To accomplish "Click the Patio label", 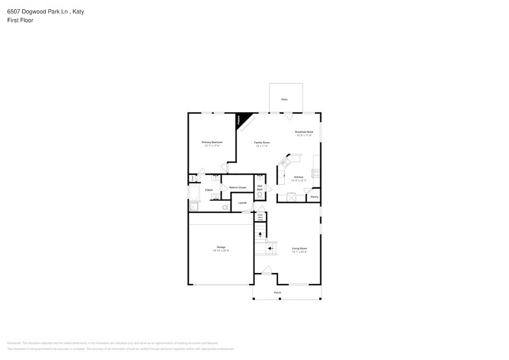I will [284, 99].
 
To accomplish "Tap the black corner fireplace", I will [244, 119].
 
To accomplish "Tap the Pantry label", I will [314, 197].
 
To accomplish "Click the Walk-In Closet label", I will [238, 187].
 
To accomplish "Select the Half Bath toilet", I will [260, 197].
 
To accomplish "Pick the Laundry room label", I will [242, 203].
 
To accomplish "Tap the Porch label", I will [277, 293].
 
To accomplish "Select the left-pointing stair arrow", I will [270, 249].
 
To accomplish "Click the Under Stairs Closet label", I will [260, 216].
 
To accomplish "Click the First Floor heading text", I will [20, 20].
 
